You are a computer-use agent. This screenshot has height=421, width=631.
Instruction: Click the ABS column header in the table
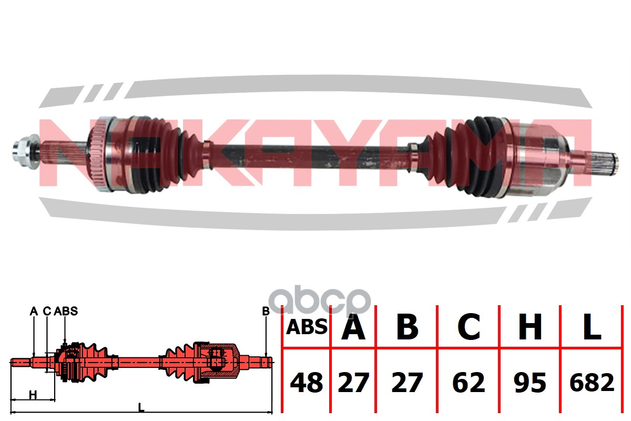pyautogui.click(x=307, y=327)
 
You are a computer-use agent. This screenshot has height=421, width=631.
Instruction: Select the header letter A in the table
pyautogui.click(x=353, y=327)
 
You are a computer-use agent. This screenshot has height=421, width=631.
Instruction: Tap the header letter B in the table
pyautogui.click(x=407, y=327)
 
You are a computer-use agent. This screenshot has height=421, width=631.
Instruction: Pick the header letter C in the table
pyautogui.click(x=469, y=327)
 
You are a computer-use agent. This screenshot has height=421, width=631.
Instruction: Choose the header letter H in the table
pyautogui.click(x=530, y=327)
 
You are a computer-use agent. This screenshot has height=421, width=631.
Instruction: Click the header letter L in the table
pyautogui.click(x=592, y=327)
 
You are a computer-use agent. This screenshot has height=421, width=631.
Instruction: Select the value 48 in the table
pyautogui.click(x=307, y=383)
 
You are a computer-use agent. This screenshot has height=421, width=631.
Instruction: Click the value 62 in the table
pyautogui.click(x=469, y=383)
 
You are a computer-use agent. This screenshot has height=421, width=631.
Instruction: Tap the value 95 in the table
pyautogui.click(x=530, y=383)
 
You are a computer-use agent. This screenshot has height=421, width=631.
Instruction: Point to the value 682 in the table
pyautogui.click(x=592, y=383)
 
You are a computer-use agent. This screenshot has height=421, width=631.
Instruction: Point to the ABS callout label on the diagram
pyautogui.click(x=66, y=311)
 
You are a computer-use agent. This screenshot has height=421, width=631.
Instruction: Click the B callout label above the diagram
pyautogui.click(x=266, y=311)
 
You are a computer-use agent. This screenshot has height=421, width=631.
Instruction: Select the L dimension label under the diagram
pyautogui.click(x=141, y=407)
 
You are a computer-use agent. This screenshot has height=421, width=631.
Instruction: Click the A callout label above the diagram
pyautogui.click(x=34, y=311)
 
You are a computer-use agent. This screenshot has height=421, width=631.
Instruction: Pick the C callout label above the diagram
pyautogui.click(x=46, y=311)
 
